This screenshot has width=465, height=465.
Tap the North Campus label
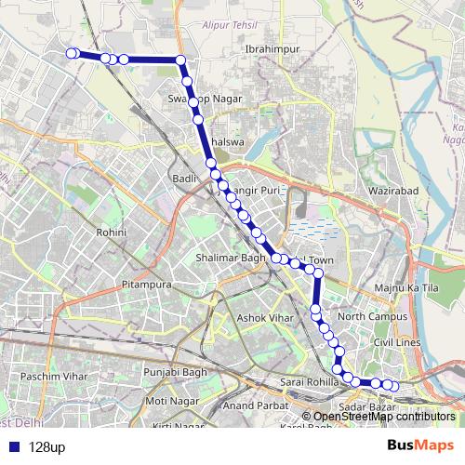coord(373,317)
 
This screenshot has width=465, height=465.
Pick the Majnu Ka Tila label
coord(405,287)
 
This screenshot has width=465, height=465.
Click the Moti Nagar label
coord(167,401)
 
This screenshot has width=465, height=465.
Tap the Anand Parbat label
coord(251,405)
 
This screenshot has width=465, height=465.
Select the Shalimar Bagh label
coord(231,258)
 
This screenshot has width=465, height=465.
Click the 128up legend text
coord(47,447)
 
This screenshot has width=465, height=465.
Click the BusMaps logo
coord(420,446)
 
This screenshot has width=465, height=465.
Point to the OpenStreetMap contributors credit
coord(384,417)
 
